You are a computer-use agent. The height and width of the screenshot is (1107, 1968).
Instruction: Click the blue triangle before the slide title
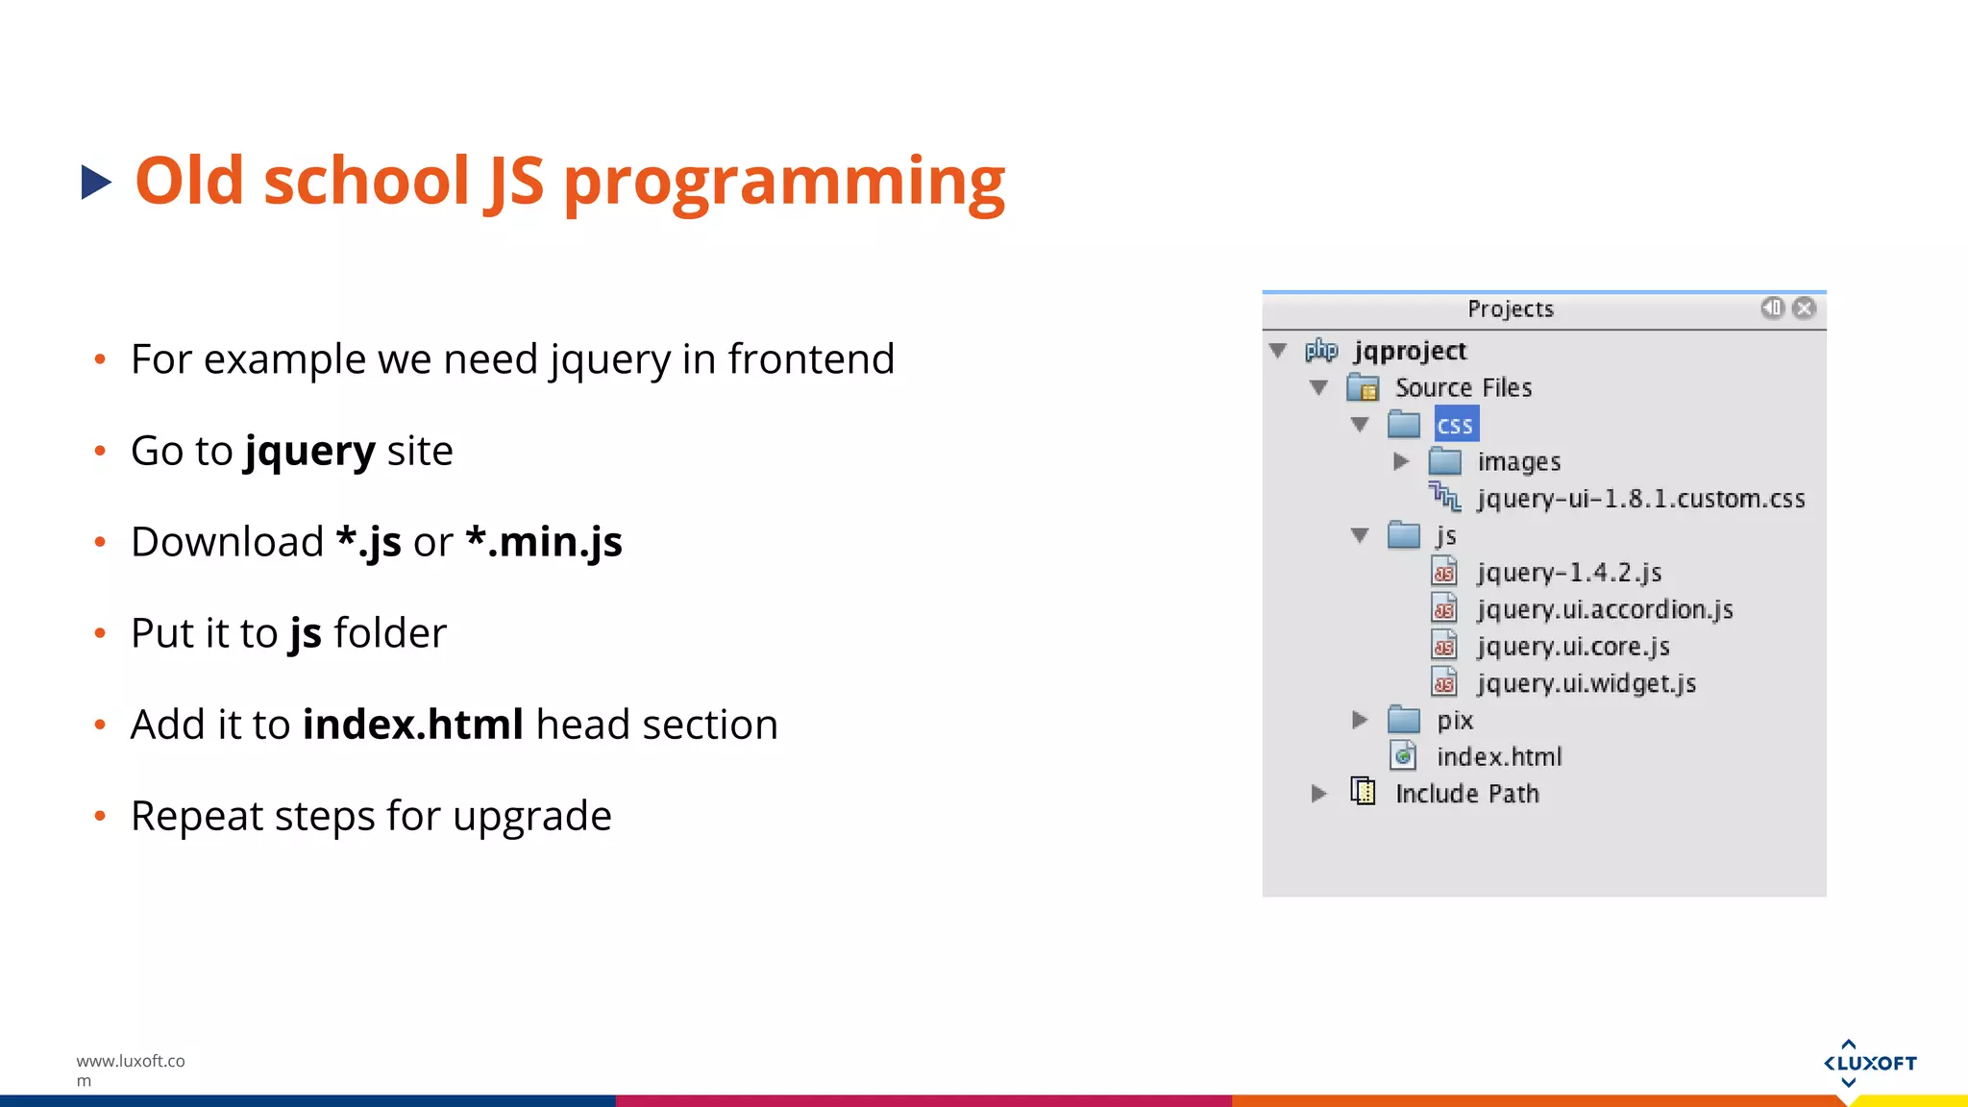coord(96,183)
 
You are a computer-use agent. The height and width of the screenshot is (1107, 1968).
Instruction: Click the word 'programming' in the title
coord(783,183)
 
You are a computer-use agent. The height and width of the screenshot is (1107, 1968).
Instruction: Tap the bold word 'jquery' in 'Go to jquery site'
coord(309,451)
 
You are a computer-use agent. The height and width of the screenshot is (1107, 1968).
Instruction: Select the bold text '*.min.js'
coord(544,542)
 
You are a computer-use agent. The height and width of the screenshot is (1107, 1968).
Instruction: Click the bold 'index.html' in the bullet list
coord(413,725)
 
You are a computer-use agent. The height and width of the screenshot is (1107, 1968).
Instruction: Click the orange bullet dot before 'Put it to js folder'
coord(100,633)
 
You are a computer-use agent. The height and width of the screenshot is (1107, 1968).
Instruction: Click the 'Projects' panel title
coord(1510,309)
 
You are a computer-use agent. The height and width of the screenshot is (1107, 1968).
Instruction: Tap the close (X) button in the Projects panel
coord(1804,307)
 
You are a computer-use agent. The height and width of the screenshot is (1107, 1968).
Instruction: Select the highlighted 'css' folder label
coord(1455,425)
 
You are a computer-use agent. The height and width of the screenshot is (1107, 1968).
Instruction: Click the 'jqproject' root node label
coord(1410,351)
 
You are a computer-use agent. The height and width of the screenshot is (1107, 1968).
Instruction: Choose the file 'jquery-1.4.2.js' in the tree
coord(1568,573)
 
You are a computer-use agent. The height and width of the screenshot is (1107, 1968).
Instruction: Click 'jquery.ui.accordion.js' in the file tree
coord(1604,609)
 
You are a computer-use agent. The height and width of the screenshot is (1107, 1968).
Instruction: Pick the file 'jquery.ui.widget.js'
coord(1586,683)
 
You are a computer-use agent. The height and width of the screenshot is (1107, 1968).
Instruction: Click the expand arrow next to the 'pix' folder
coord(1359,720)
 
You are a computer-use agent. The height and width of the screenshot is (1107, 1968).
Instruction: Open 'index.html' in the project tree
coord(1498,757)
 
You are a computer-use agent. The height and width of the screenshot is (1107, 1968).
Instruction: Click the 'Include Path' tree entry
coord(1466,794)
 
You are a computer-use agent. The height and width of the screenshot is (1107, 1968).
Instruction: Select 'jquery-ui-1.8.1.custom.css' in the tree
coord(1640,499)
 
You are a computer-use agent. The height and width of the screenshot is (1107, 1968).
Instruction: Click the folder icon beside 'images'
coord(1444,462)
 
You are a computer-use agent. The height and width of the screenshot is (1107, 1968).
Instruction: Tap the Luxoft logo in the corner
coord(1869,1063)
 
